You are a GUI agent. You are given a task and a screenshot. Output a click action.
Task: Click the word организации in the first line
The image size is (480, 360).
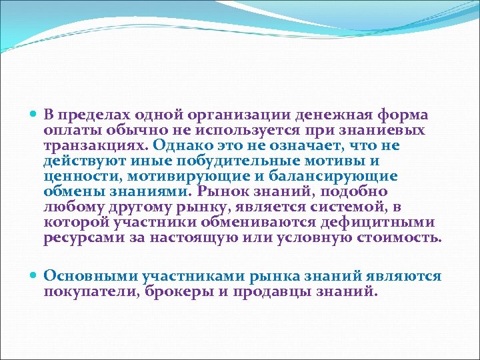point(227,115)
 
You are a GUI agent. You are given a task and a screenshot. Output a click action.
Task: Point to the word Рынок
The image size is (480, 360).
point(223,192)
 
